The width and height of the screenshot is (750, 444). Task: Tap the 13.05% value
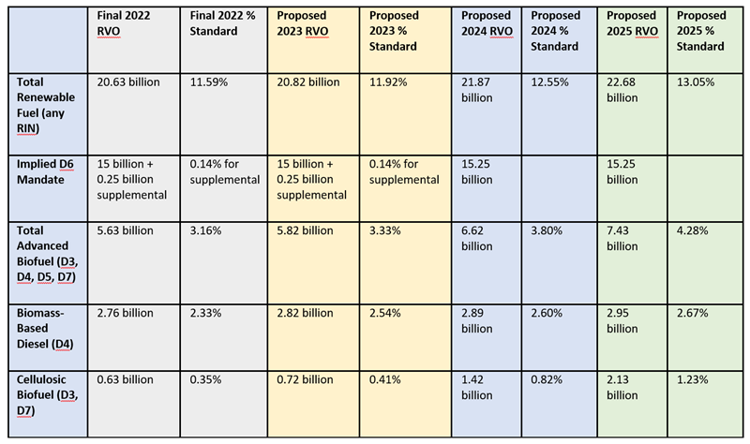point(696,82)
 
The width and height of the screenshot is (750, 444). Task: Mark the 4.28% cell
point(693,230)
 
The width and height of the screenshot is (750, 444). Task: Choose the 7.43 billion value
point(622,237)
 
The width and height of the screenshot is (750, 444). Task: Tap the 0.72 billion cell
point(305,380)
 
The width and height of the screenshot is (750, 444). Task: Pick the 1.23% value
point(693,380)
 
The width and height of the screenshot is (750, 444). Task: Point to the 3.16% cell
point(207,230)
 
